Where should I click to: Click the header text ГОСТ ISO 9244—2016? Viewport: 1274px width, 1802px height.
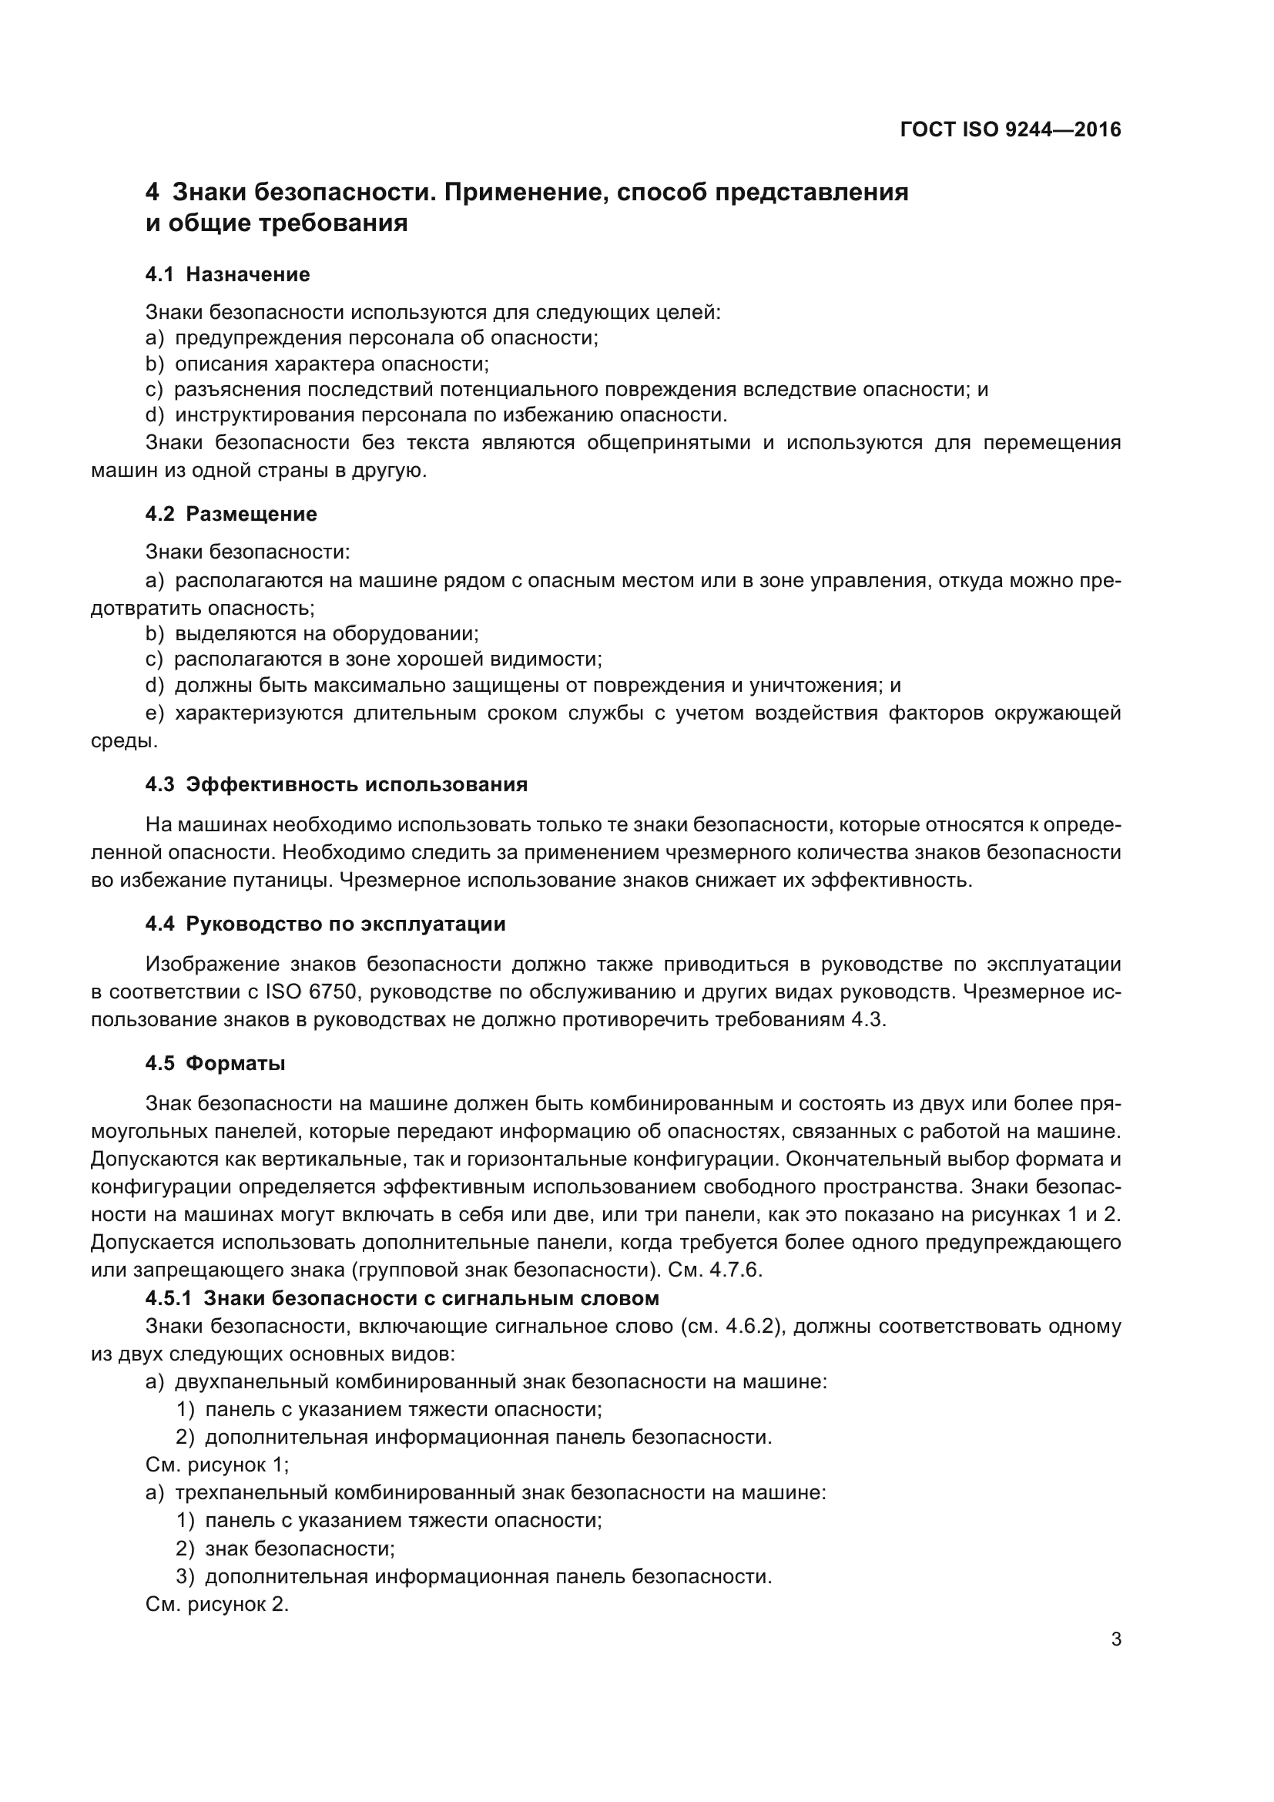[x=1011, y=129]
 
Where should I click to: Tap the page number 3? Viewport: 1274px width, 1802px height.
[x=1115, y=1639]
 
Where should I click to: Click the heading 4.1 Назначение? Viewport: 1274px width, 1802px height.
[x=227, y=274]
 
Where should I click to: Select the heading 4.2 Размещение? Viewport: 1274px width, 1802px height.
[x=230, y=514]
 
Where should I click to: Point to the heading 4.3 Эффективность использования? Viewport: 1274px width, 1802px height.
[x=336, y=785]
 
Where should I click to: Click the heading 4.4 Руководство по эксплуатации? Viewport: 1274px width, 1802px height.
[x=325, y=924]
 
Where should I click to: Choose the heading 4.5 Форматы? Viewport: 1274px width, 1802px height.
[x=215, y=1063]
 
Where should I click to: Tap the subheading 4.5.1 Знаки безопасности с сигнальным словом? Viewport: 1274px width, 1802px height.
[x=401, y=1298]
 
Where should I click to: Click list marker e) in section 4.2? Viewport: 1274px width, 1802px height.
[x=155, y=713]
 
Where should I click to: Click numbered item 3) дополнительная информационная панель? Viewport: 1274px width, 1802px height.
[x=474, y=1577]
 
